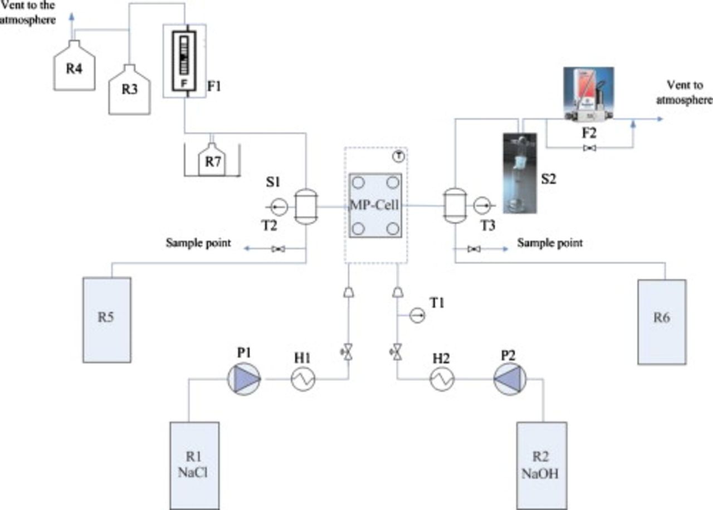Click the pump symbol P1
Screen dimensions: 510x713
[x=244, y=379]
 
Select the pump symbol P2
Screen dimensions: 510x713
[x=509, y=379]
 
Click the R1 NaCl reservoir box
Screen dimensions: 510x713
[x=194, y=465]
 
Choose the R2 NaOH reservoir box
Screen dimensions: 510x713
[x=541, y=465]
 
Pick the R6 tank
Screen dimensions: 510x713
[x=661, y=321]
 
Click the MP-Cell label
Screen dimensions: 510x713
[x=375, y=204]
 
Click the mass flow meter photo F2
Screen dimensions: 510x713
[x=588, y=92]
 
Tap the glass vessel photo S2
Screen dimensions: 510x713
[x=520, y=173]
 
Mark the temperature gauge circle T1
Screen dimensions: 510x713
[x=416, y=316]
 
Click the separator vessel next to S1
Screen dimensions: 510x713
[x=304, y=207]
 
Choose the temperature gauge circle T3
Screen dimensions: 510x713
[x=481, y=206]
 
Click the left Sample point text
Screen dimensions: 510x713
[x=198, y=243]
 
